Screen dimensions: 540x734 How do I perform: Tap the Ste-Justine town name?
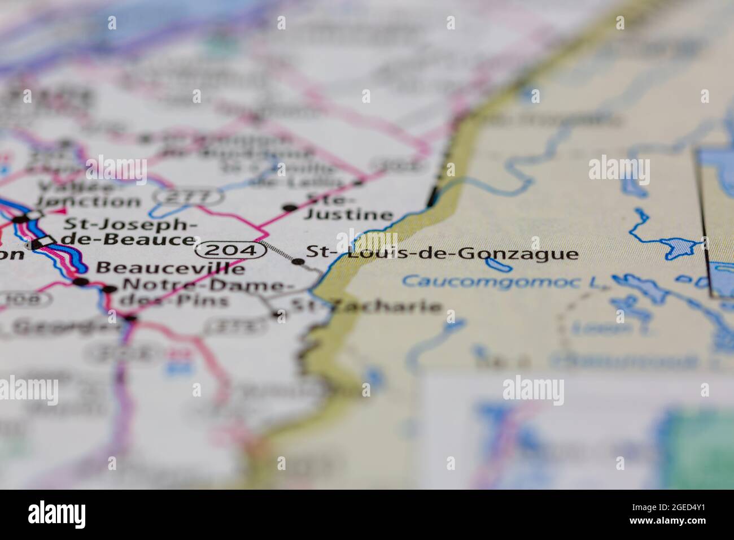click(348, 207)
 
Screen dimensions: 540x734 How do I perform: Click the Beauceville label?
click(171, 268)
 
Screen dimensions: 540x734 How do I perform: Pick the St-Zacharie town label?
click(365, 307)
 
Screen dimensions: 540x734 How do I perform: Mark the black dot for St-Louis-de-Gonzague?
click(298, 261)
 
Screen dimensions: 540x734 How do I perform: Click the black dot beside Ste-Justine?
click(290, 208)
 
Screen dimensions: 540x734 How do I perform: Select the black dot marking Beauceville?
click(82, 281)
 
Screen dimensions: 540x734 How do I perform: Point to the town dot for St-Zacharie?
click(277, 314)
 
